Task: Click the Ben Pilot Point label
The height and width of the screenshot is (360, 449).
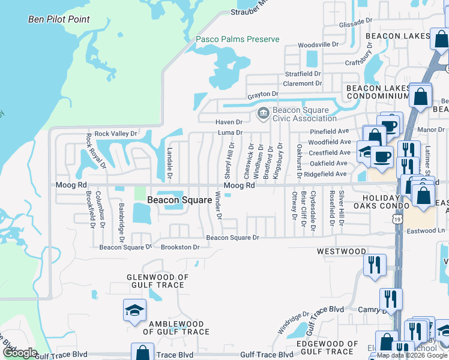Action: (x=59, y=19)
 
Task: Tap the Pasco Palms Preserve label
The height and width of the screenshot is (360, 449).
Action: (x=238, y=40)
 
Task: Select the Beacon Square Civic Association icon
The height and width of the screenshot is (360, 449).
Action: (x=263, y=113)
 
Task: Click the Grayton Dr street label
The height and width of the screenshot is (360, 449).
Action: (x=263, y=94)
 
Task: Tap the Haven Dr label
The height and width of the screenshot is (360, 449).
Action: (x=229, y=122)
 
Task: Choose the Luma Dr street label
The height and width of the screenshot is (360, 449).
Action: (x=230, y=132)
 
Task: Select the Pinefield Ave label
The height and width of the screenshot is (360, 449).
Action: (x=329, y=131)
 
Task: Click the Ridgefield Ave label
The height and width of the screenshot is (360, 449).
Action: (x=325, y=174)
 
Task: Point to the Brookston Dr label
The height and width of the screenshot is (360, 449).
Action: (x=179, y=247)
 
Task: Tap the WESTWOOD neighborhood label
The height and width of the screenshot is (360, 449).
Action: (x=341, y=251)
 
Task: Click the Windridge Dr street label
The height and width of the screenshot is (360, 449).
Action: (x=293, y=322)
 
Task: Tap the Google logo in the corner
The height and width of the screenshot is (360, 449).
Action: (x=20, y=353)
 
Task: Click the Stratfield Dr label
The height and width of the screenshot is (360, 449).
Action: (x=303, y=74)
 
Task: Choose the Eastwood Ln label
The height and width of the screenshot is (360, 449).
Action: (x=433, y=230)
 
